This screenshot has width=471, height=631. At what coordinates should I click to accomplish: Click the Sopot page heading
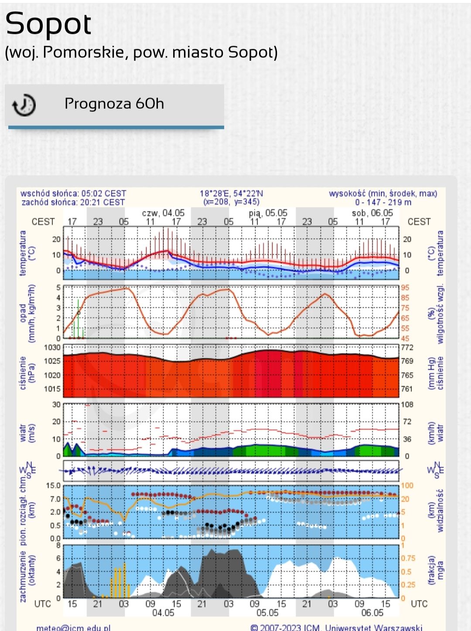click(48, 24)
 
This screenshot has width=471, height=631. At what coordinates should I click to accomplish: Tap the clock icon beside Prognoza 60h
click(24, 105)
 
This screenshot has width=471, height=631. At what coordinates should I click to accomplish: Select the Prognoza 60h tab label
click(114, 104)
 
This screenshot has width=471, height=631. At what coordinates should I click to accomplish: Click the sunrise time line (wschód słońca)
click(73, 193)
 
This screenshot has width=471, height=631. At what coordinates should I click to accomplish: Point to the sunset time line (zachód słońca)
click(73, 202)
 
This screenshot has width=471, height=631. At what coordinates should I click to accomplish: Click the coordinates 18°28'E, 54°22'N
click(232, 193)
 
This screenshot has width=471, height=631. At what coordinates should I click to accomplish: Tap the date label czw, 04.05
click(163, 213)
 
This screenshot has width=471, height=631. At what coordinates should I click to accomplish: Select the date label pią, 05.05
click(268, 213)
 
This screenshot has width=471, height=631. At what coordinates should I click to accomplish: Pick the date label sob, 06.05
click(372, 213)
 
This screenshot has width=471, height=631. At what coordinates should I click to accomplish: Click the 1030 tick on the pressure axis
click(52, 348)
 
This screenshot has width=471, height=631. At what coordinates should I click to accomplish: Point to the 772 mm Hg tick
click(407, 348)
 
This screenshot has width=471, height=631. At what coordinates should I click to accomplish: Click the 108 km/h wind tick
click(407, 405)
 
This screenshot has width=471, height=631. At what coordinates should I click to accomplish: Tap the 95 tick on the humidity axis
click(406, 288)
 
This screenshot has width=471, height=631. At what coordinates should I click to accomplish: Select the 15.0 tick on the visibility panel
click(53, 485)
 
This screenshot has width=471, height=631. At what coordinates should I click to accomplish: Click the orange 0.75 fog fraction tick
click(409, 559)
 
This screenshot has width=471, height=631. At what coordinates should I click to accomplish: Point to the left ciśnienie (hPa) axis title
click(27, 372)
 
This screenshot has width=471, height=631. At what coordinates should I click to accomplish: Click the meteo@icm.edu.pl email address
click(73, 628)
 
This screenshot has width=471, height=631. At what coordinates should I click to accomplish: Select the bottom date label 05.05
click(267, 613)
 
